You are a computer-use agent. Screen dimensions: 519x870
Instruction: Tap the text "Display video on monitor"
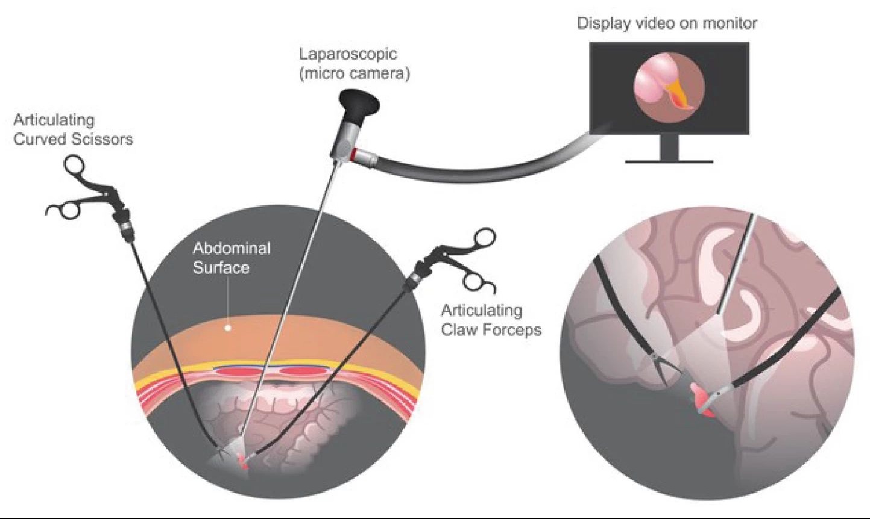coord(667,23)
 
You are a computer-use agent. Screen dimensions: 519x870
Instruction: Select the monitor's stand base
coord(669,160)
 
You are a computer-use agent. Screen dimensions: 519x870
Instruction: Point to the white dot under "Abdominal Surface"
coord(227,328)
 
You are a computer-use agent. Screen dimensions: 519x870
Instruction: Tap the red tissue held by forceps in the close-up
coord(701,400)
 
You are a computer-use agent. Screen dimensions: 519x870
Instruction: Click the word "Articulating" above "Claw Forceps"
coord(481,311)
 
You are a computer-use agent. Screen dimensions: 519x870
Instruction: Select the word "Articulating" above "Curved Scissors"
coord(54,120)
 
